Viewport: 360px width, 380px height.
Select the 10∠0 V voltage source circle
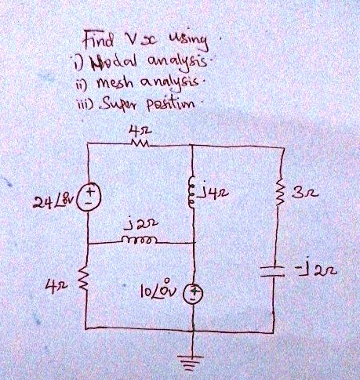tap(193, 293)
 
